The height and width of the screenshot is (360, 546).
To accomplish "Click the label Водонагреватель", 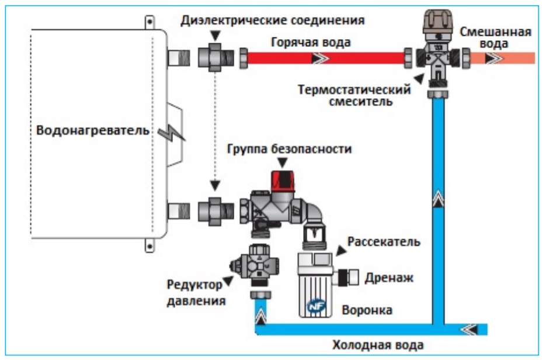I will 93,130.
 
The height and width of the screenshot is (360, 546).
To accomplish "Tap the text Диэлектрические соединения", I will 273,20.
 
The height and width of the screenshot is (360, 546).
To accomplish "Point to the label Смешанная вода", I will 496,37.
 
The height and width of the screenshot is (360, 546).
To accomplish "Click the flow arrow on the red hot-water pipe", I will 319,58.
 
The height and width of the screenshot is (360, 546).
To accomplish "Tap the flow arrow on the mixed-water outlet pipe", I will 492,58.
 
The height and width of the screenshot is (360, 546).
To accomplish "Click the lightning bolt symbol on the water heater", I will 174,134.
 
